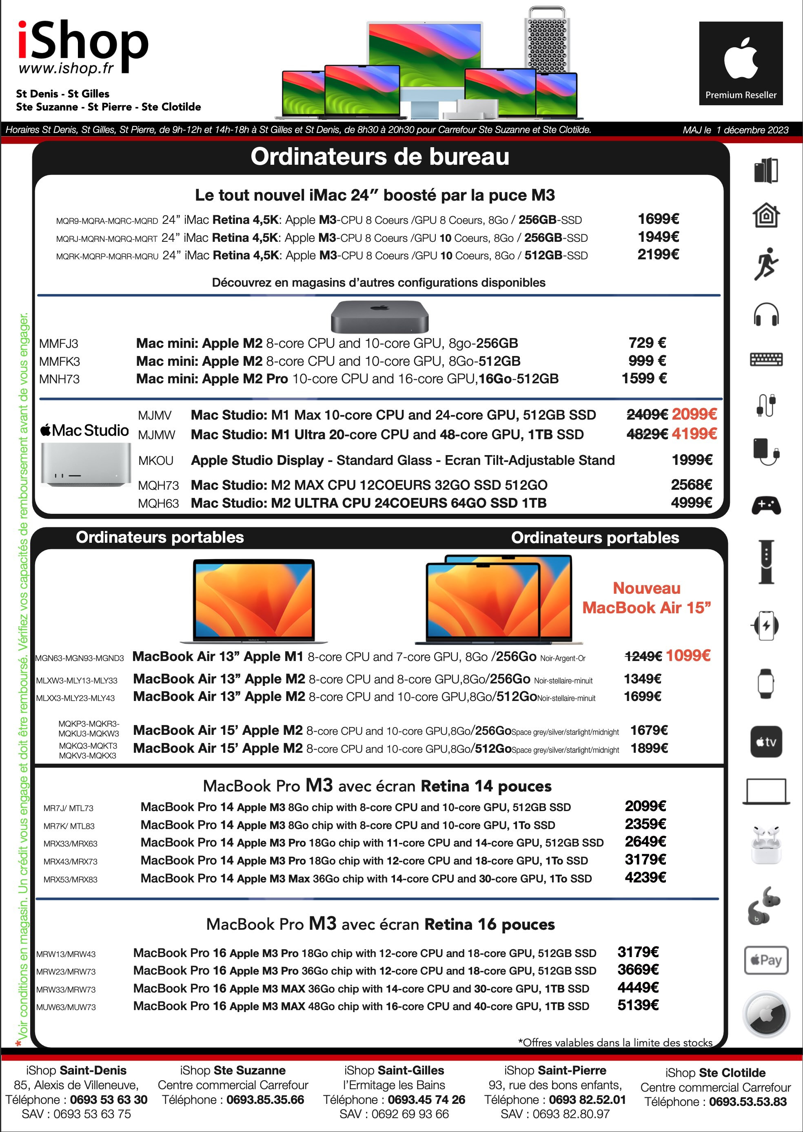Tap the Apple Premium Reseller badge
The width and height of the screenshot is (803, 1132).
coord(740,63)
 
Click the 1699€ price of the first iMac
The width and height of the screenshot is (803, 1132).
coord(658,219)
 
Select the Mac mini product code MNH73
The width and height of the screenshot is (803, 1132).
coord(59,379)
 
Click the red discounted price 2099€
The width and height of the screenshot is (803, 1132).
coord(694,414)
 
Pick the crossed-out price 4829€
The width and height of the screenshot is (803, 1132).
coord(647,434)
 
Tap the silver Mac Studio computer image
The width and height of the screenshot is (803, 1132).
coord(86,464)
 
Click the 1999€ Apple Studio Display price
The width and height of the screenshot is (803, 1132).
coord(691,460)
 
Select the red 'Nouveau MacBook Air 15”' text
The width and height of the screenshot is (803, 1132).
coord(646,598)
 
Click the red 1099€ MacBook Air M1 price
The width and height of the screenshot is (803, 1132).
coord(688,656)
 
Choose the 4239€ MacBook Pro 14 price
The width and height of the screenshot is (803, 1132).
coord(645,878)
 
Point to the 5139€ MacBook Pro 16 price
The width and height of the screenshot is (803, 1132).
coord(638,1005)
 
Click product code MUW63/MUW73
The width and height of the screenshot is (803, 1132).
coord(66,1007)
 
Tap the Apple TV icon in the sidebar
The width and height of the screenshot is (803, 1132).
coord(766,742)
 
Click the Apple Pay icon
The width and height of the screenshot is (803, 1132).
coord(766,960)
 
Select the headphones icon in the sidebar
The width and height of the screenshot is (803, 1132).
coord(766,314)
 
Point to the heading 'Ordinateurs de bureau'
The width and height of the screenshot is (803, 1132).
coord(380,157)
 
